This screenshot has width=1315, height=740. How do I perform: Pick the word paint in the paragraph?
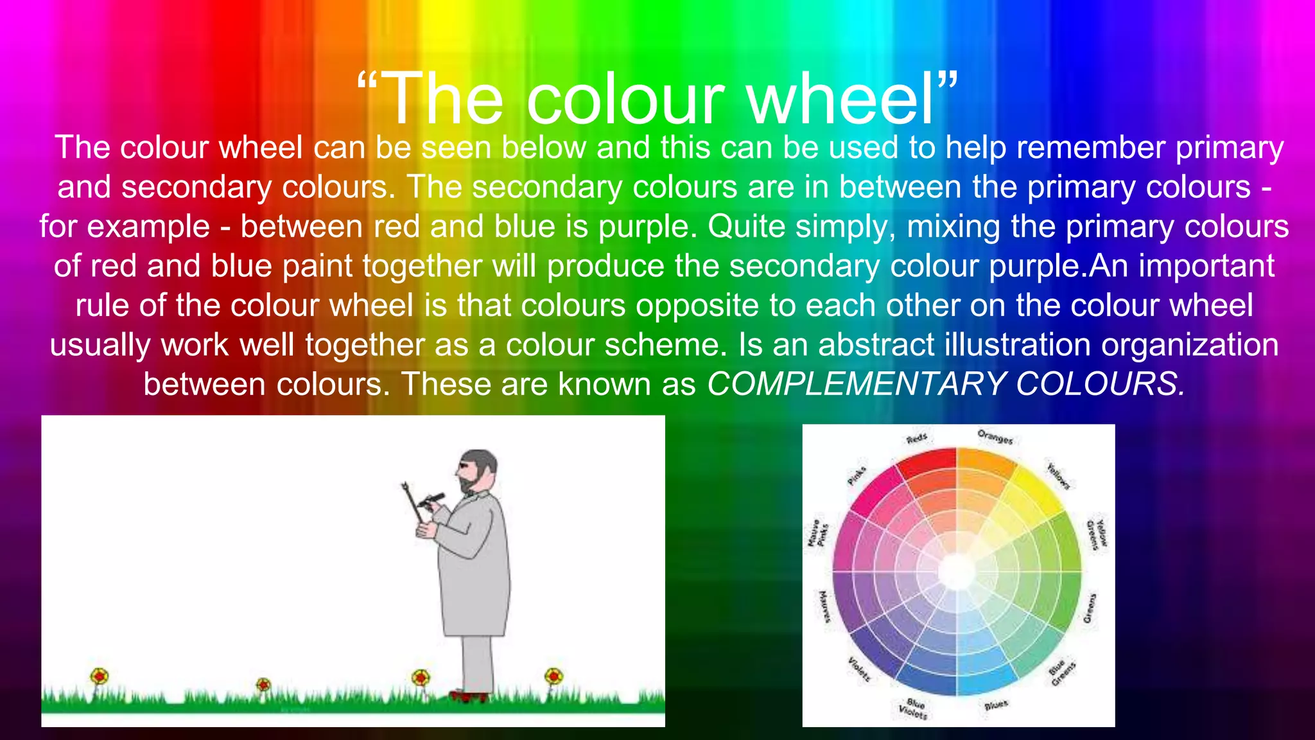point(318,267)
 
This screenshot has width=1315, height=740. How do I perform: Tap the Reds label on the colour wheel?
point(916,439)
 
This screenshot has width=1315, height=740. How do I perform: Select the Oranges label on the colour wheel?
point(995,437)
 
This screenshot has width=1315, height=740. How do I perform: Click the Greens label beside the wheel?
point(1090,608)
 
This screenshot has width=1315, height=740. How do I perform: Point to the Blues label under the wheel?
point(996,705)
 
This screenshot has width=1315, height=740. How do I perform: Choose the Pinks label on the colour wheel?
point(857,476)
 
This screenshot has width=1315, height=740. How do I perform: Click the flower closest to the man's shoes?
point(421,678)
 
